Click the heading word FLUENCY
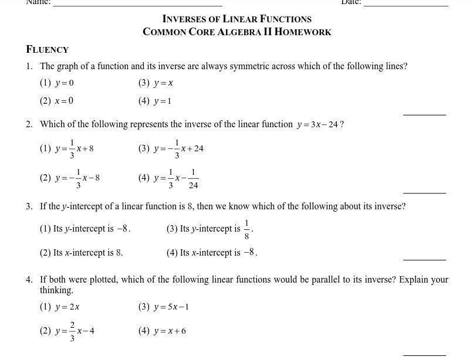pos(48,49)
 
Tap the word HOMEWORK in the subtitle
pos(303,32)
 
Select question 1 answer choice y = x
pos(163,83)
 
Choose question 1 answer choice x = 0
pos(64,100)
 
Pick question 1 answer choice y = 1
pos(163,101)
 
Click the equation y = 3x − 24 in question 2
pos(317,124)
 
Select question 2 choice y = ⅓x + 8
pos(74,148)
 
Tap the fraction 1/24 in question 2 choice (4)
pos(193,178)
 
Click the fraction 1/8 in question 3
pos(246,230)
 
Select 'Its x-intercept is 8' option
pos(88,253)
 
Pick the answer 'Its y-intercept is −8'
pos(92,229)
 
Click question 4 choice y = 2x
pos(67,306)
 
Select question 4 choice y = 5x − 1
pos(171,306)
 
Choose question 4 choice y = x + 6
pos(170,331)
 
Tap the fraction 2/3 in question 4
pos(72,331)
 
